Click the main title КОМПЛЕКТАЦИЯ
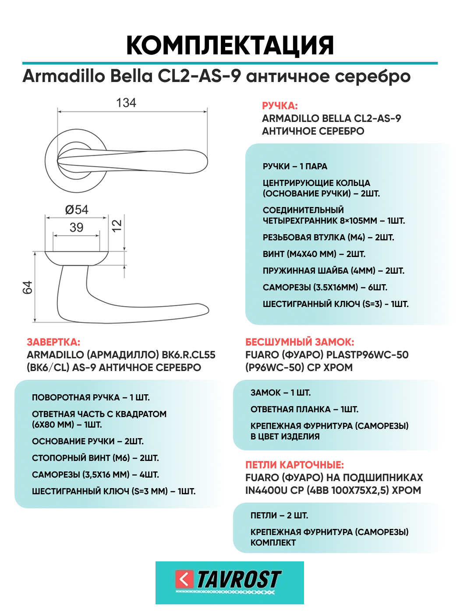coord(230,45)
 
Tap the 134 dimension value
coord(126,103)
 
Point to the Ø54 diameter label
coord(77,210)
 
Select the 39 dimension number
coord(77,227)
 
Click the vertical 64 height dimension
coord(27,288)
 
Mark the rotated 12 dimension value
coord(117,225)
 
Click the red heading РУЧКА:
coord(280,106)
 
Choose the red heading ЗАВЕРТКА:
coord(53,342)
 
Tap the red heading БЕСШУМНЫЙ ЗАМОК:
coord(300,342)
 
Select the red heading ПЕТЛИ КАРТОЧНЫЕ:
coord(294,465)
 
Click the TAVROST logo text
coord(239,579)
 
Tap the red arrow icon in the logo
coord(184,579)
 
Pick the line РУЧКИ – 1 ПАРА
coord(295,166)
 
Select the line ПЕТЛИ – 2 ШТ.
coord(279,515)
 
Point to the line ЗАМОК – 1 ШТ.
coord(280,393)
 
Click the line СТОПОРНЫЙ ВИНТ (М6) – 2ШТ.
coord(95,458)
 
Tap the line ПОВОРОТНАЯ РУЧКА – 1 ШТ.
coord(91,397)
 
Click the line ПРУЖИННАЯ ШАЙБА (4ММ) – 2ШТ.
coord(333,271)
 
